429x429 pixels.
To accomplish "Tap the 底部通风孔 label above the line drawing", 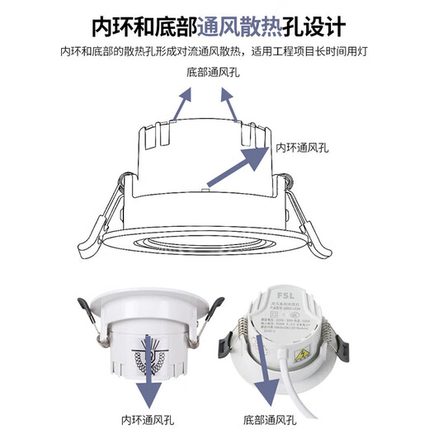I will (214, 73).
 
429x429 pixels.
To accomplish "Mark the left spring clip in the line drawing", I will (102, 216).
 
